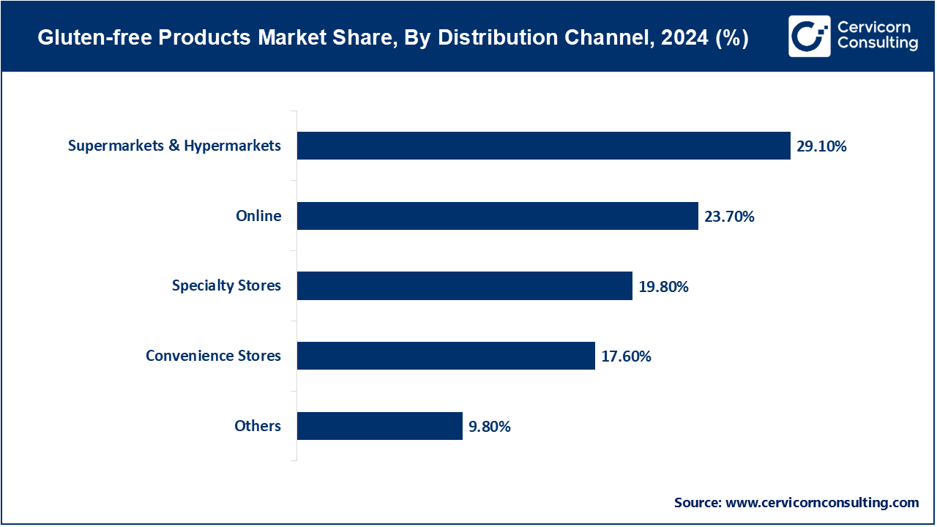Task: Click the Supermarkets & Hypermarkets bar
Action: pos(543,146)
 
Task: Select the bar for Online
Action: pos(497,216)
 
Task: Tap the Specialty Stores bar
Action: pos(464,285)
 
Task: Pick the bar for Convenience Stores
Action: pos(446,356)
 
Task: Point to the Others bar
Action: pos(379,426)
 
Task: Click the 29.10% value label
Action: pos(821,146)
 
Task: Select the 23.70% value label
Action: pos(729,217)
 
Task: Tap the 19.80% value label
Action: pos(663,286)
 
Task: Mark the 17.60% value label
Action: pos(626,356)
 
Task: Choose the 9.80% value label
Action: pos(490,427)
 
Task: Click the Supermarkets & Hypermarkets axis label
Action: pos(174,146)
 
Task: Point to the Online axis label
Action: pos(258,216)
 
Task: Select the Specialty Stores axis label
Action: pos(226,285)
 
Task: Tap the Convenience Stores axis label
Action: pos(213,356)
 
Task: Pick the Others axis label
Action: pos(258,426)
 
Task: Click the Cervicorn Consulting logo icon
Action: pos(809,36)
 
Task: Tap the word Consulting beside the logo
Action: pos(877,44)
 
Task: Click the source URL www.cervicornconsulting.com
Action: pos(821,503)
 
